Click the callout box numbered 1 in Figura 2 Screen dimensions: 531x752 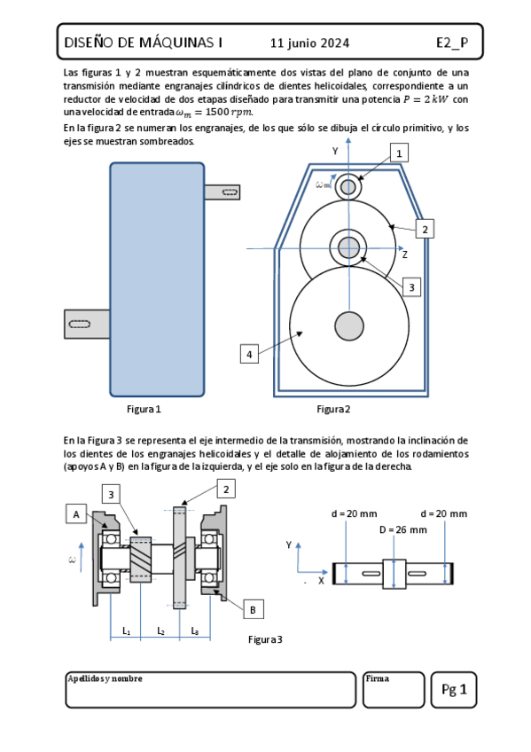399,153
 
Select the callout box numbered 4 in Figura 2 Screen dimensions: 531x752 249,355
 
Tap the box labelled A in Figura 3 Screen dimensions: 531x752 76,514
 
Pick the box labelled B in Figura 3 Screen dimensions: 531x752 253,609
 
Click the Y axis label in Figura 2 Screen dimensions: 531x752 335,151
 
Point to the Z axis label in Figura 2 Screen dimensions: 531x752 405,255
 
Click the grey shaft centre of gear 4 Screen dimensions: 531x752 349,326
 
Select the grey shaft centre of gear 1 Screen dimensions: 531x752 348,187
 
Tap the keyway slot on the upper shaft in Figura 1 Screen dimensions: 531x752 230,192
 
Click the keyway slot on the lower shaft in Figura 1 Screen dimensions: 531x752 80,325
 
